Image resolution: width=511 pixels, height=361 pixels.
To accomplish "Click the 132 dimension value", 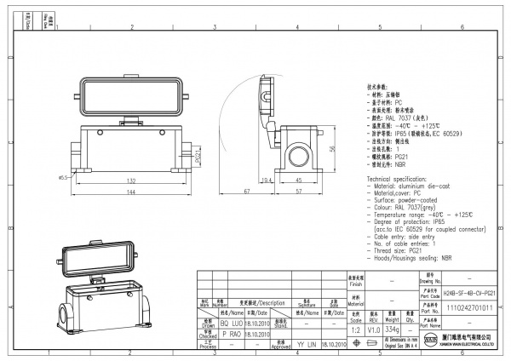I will click(131, 180).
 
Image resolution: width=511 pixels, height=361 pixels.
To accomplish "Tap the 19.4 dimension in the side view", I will click(267, 180).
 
